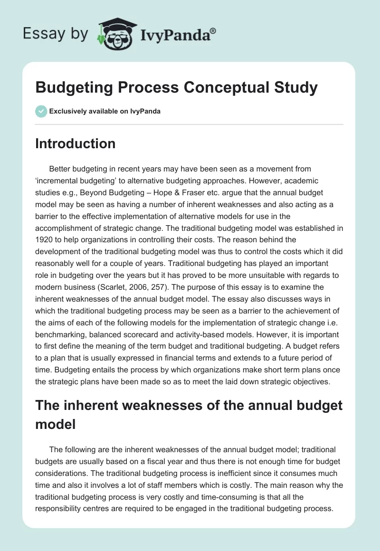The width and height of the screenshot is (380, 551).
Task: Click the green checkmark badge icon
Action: [41, 111]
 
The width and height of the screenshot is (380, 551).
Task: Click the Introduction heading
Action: [75, 144]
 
